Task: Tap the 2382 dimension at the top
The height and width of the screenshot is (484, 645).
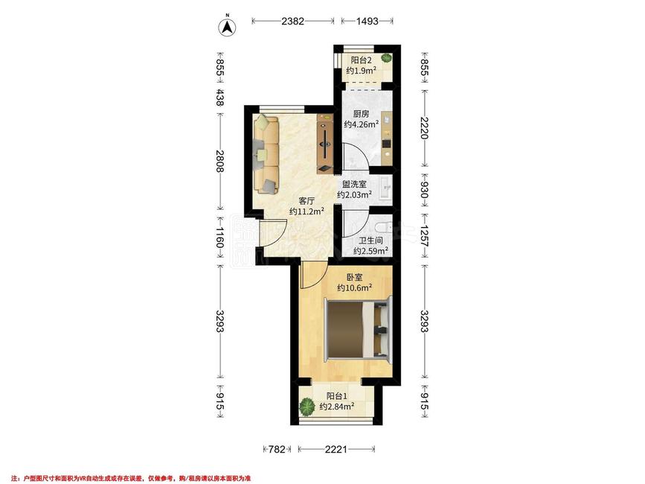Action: coord(292,21)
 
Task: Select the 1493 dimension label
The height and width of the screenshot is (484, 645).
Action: coord(367,21)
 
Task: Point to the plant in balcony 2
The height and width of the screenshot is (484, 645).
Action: coord(386,58)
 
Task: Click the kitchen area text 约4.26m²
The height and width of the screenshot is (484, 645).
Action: coord(361,124)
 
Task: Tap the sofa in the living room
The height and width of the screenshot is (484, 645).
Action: coord(266,154)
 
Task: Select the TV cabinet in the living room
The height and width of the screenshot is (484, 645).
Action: coord(324,144)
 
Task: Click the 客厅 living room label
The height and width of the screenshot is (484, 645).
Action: coord(307,201)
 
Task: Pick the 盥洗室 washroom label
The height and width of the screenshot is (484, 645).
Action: coord(354,185)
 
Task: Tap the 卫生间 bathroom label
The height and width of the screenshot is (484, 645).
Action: coord(370,241)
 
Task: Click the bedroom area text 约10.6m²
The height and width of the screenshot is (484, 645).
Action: coord(355,287)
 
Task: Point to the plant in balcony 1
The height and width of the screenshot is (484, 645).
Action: coord(307,407)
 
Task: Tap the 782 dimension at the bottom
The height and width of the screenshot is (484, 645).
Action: coord(277,449)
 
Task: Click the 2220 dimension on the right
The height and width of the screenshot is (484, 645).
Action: coord(424,127)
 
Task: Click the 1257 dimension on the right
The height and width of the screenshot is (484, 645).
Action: coord(424,235)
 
